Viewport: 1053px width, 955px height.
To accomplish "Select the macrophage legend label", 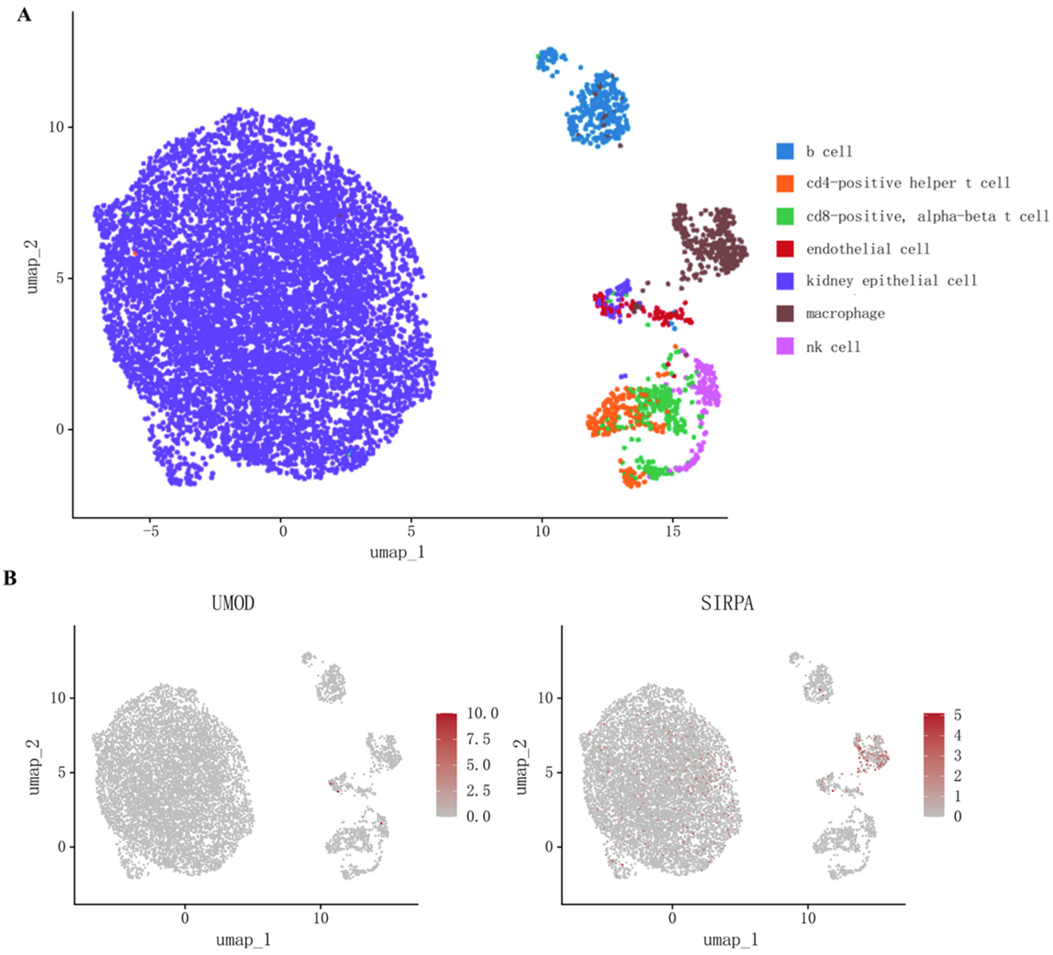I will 845,314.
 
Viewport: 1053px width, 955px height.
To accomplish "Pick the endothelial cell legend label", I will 868,249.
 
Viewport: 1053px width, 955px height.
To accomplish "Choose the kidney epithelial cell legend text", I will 891,281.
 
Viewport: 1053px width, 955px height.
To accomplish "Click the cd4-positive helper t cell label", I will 908,183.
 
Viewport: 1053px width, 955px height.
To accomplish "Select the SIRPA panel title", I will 727,604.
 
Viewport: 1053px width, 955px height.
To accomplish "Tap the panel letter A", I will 24,15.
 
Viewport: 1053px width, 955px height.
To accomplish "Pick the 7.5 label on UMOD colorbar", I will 479,739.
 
